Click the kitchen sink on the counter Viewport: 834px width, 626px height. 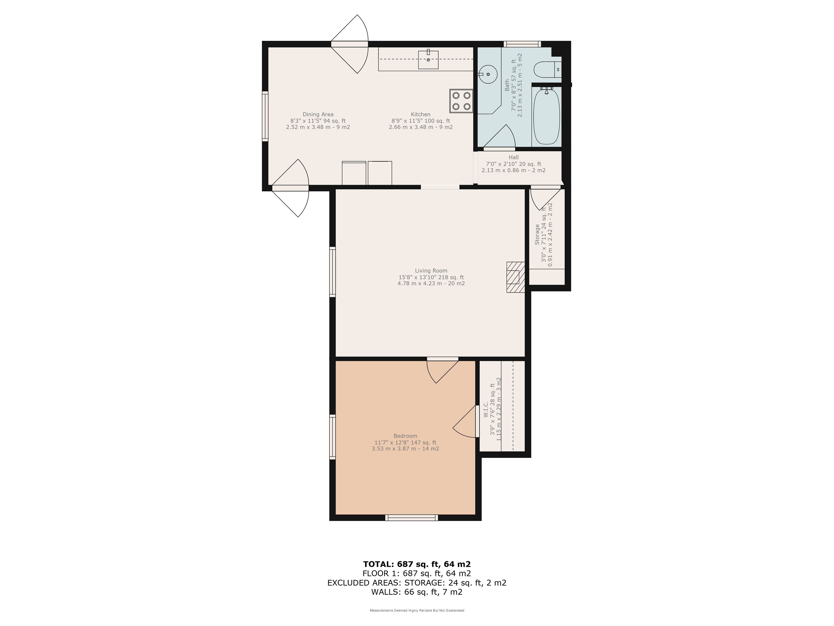428,59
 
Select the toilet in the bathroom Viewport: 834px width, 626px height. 548,69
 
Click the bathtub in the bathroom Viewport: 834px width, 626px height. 546,115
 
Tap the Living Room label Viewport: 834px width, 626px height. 431,271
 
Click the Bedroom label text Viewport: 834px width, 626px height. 405,436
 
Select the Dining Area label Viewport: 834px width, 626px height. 318,114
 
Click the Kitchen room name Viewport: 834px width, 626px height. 420,114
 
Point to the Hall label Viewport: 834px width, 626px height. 513,157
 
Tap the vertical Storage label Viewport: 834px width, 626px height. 537,235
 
